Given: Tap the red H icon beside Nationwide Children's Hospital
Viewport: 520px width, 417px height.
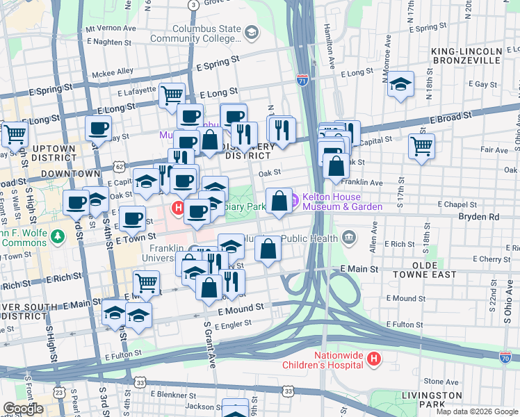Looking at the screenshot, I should [x=374, y=359].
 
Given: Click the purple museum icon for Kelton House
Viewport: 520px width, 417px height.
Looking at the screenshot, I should [x=294, y=201].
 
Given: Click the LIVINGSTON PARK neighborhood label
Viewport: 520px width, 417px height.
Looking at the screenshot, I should [x=431, y=400].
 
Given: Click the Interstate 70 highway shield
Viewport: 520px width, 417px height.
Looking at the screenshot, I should [x=505, y=357].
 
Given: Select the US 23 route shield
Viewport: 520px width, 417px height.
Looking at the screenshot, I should [x=60, y=393].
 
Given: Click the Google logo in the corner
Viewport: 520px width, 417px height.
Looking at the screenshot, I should [x=23, y=409].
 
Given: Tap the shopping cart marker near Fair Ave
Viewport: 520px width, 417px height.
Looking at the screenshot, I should [x=421, y=147].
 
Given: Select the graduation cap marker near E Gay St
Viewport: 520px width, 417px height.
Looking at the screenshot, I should [x=400, y=84].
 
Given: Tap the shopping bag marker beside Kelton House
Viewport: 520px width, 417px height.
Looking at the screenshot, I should [x=279, y=201].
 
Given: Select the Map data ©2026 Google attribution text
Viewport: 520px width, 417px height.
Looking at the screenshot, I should [x=476, y=411].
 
